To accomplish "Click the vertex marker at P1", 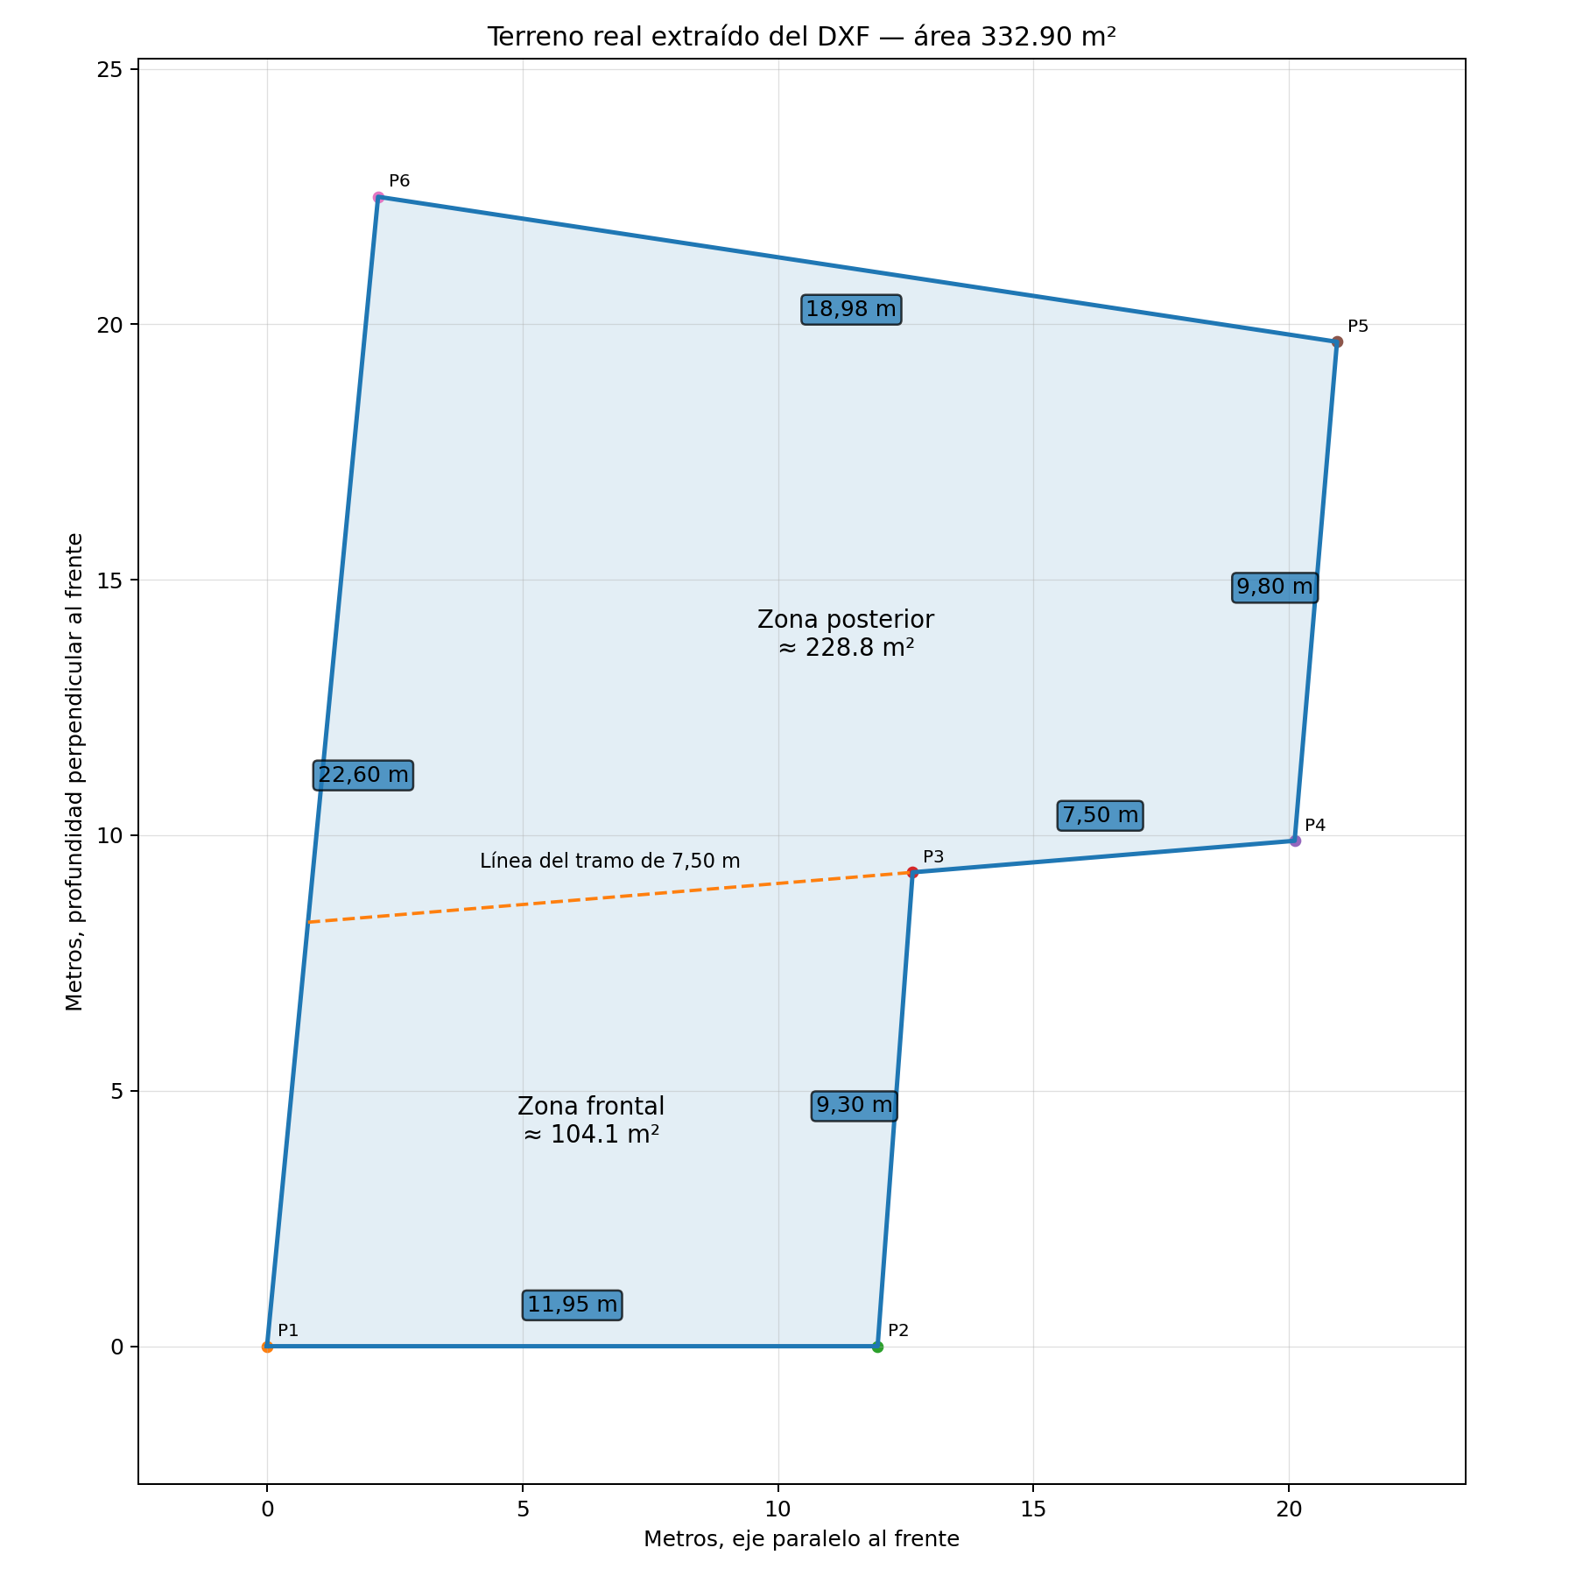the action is pos(267,1347).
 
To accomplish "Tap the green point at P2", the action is pos(877,1347).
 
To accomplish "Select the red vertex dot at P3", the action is pos(912,872).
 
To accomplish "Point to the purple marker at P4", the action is pos(1295,841).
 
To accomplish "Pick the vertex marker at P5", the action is pos(1337,341).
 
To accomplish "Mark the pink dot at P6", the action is pos(378,197).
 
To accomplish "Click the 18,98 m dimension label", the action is pos(851,309).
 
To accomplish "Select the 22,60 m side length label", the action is pos(363,775).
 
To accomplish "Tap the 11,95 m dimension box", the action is pos(573,1305).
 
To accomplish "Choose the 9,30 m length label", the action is pos(854,1105).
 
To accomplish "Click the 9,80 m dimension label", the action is pos(1275,587).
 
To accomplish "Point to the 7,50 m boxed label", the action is pos(1100,815).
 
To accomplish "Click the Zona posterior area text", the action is pos(846,634).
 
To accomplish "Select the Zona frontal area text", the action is pos(591,1120).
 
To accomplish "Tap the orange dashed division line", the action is pos(609,897).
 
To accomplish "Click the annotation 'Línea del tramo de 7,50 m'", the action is pos(610,861).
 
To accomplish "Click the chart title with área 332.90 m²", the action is pos(801,37).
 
